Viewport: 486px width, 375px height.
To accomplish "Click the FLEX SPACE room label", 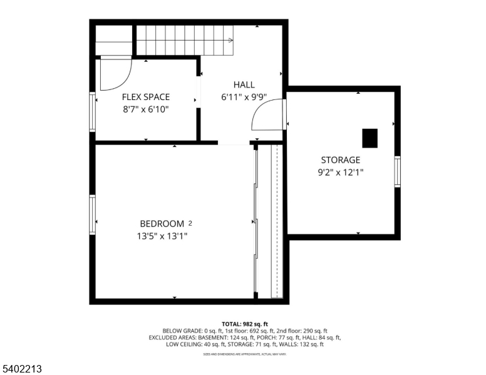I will [145, 97].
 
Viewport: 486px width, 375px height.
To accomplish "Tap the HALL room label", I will [244, 85].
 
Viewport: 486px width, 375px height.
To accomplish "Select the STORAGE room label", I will [340, 160].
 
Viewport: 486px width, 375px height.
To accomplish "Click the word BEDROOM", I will [162, 224].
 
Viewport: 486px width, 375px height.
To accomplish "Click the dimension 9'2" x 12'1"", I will [340, 172].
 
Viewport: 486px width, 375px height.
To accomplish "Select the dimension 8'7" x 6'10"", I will [145, 109].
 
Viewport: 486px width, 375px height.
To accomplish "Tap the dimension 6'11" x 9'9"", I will [244, 97].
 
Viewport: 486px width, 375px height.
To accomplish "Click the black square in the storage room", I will [370, 138].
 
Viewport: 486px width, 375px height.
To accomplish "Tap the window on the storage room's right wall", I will [397, 172].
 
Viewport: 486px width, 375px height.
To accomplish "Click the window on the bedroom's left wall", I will [93, 214].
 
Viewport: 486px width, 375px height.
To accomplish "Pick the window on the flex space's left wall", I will [93, 112].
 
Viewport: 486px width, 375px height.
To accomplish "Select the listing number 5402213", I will [21, 369].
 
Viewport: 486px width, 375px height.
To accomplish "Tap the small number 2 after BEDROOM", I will [190, 222].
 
